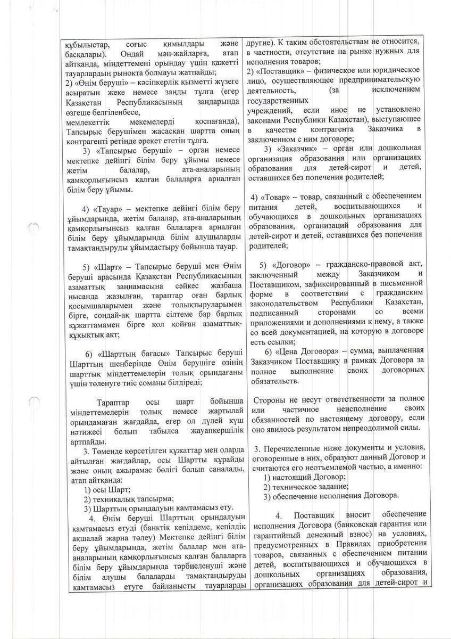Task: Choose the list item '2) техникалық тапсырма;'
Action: click(x=129, y=499)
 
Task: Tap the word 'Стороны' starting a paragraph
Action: click(x=270, y=399)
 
